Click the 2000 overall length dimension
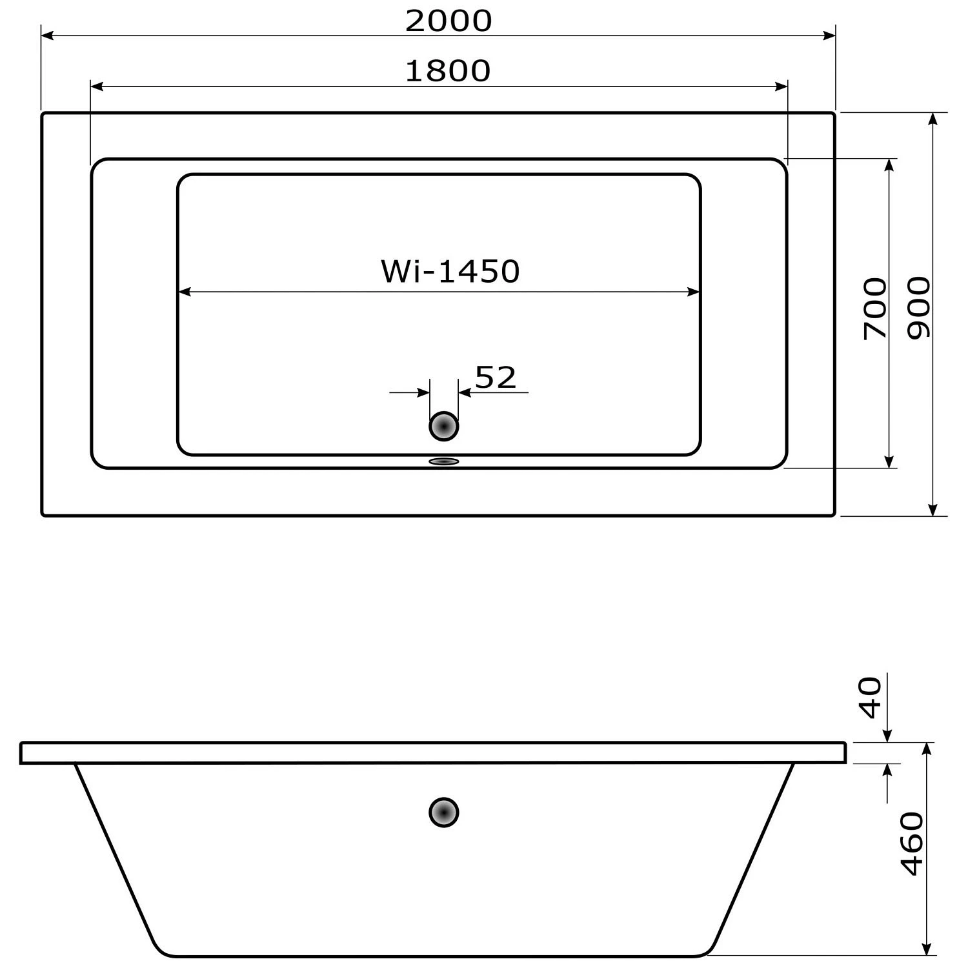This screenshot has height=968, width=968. (x=449, y=21)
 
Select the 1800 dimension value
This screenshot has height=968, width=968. (x=448, y=71)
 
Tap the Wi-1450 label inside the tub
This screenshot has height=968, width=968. (x=450, y=272)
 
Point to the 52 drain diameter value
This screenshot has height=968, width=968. (x=496, y=378)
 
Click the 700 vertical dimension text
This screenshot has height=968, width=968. (x=875, y=308)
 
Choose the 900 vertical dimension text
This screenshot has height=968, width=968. (x=919, y=308)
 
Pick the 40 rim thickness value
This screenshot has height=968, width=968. (x=871, y=698)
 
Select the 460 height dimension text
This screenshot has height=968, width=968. (x=912, y=844)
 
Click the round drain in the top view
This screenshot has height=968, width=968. (x=444, y=427)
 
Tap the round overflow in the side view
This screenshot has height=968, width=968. (x=444, y=812)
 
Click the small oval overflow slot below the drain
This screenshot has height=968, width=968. (x=444, y=461)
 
